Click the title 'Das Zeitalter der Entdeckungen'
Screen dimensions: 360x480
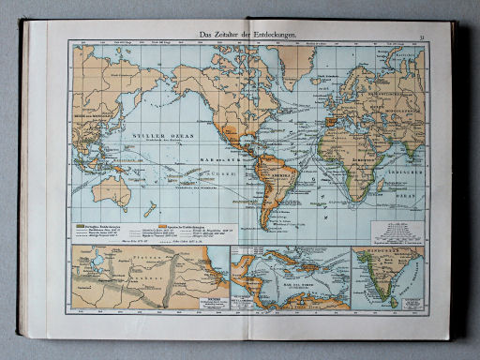coord(247,36)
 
